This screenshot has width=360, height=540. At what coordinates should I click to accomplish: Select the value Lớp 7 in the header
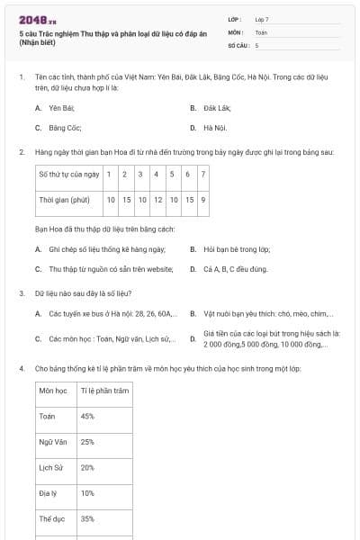pos(262,19)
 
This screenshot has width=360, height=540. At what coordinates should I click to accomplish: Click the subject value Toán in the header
pos(261,31)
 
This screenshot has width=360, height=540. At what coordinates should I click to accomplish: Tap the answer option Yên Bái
pos(61,108)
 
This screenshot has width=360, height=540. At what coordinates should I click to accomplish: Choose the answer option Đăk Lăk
pos(216,108)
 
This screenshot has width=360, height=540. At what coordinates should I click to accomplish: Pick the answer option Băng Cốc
pos(65,128)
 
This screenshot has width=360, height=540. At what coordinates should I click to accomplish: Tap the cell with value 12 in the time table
pos(157,200)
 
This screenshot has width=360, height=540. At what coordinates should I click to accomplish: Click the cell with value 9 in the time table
pos(203,200)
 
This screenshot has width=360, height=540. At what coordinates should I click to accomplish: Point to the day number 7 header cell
pos(203,174)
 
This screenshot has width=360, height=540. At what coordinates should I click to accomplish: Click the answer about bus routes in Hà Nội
pos(104,314)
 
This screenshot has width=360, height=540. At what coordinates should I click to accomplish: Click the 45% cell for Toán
pos(87,417)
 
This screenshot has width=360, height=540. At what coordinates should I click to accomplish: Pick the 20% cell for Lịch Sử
pos(87,468)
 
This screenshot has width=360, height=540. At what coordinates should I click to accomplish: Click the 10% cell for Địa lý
pos(87,493)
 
